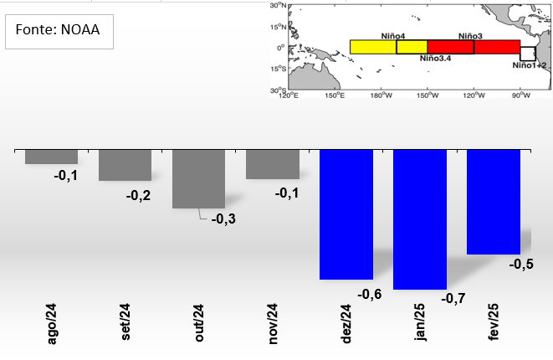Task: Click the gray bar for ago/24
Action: click(x=51, y=157)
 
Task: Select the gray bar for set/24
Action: click(x=125, y=165)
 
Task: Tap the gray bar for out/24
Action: click(x=198, y=178)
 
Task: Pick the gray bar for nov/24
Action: click(x=272, y=164)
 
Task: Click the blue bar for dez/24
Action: click(x=346, y=214)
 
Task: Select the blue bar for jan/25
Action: click(x=420, y=219)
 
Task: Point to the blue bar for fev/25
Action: click(x=494, y=202)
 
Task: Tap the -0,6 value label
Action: click(x=369, y=294)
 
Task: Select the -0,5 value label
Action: click(x=521, y=265)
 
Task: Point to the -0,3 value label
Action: click(x=224, y=219)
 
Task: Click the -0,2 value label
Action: click(x=139, y=195)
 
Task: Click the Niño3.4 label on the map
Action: click(x=435, y=58)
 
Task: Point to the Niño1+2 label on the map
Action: click(x=530, y=64)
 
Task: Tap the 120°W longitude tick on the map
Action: click(x=474, y=95)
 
